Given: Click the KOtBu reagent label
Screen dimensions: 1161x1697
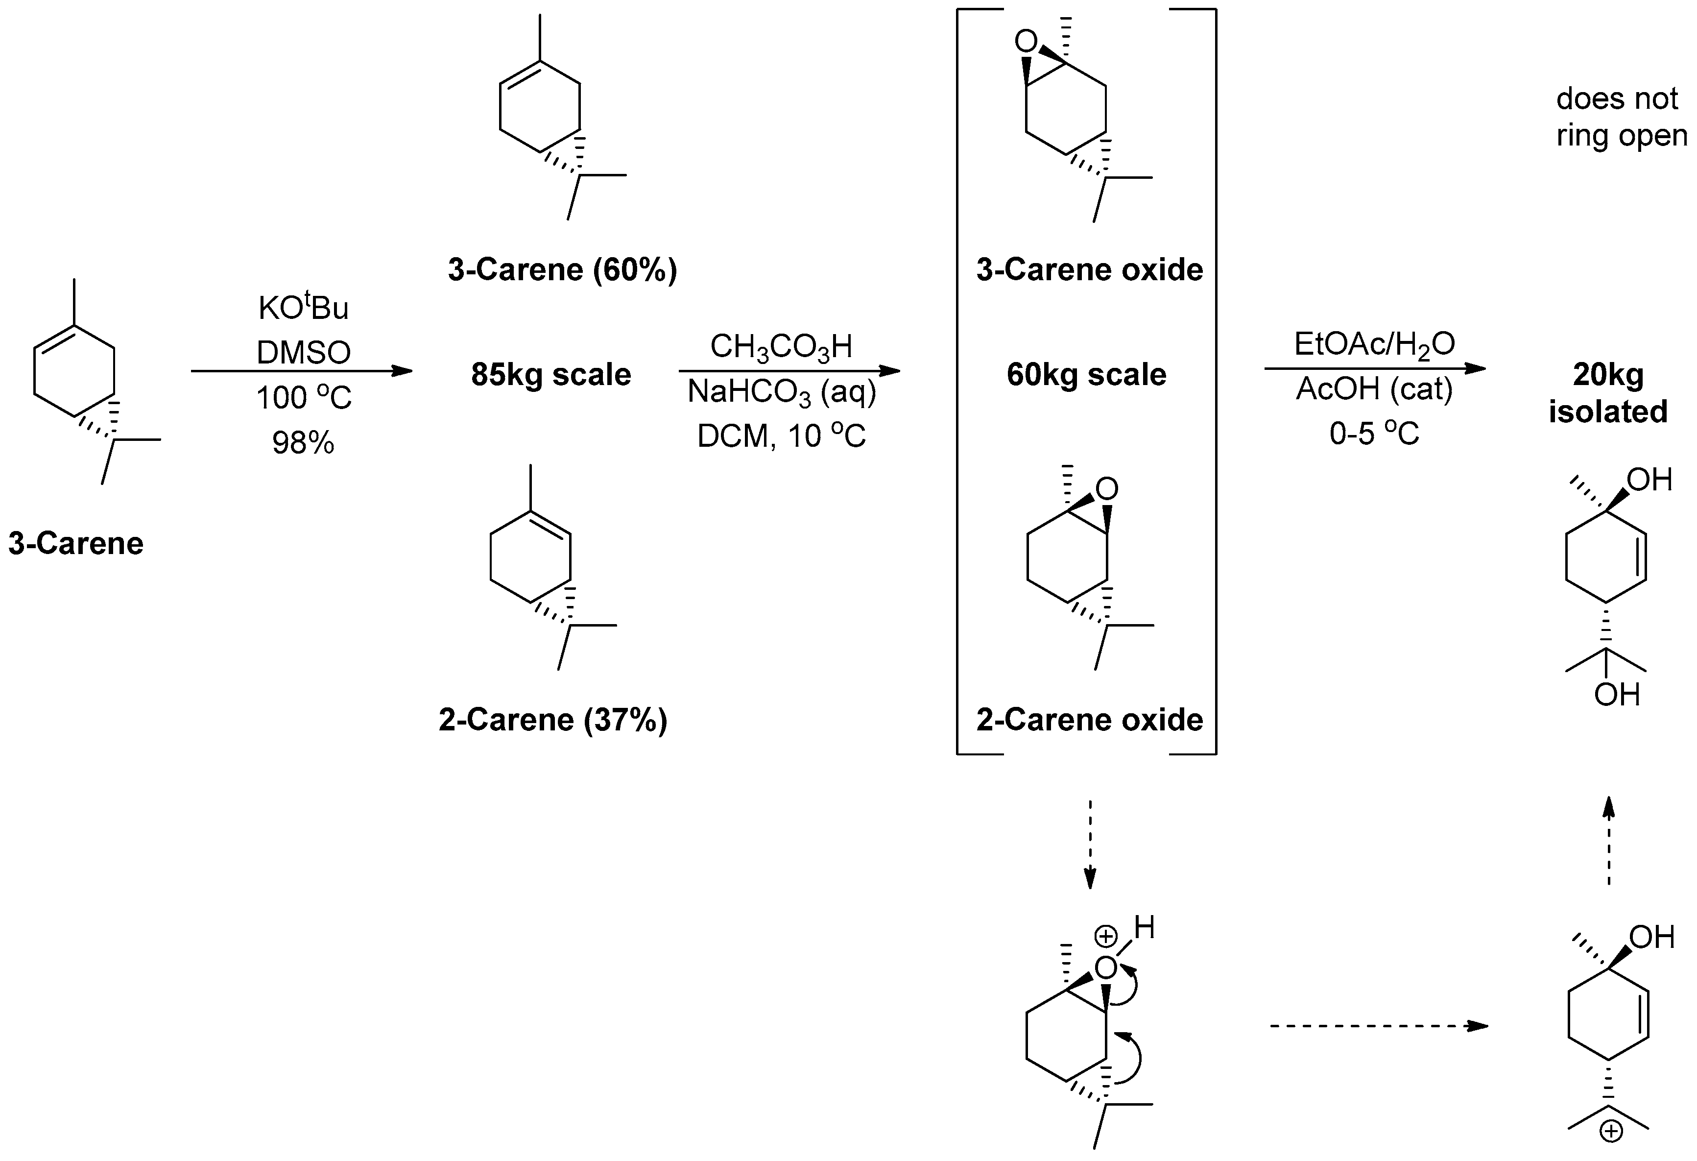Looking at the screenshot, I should pyautogui.click(x=303, y=308).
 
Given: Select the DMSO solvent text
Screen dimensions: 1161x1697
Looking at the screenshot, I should pyautogui.click(x=303, y=353).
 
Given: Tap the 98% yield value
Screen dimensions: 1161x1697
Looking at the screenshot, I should pyautogui.click(x=303, y=442).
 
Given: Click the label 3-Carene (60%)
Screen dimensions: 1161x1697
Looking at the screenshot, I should pyautogui.click(x=562, y=270).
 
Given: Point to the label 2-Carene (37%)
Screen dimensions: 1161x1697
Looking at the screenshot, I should pyautogui.click(x=553, y=720).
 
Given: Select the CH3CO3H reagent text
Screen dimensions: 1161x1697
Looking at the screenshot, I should pyautogui.click(x=781, y=347).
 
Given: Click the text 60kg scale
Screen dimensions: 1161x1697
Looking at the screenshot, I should pyautogui.click(x=1087, y=375).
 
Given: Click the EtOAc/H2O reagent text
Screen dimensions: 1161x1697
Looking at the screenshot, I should pyautogui.click(x=1374, y=344).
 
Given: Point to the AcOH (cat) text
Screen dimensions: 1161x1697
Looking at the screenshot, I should pyautogui.click(x=1374, y=389).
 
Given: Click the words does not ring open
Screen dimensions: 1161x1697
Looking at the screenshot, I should pyautogui.click(x=1621, y=117).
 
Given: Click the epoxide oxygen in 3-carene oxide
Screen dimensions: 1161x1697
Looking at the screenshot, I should pyautogui.click(x=1026, y=42).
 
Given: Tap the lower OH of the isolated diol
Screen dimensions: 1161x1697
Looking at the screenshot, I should pyautogui.click(x=1617, y=695).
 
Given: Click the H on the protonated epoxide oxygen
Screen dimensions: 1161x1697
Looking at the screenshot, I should pyautogui.click(x=1144, y=928).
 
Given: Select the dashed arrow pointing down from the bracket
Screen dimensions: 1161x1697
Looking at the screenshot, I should pyautogui.click(x=1090, y=844).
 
